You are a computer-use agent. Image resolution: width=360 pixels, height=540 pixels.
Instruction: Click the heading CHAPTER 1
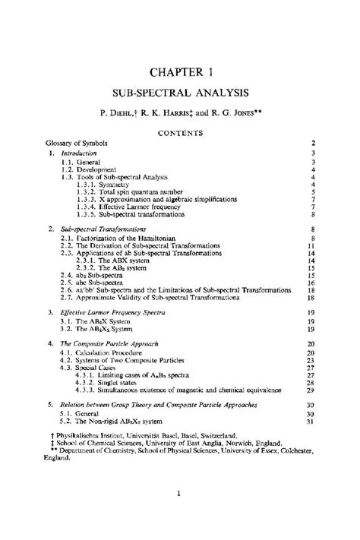[180, 71]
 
